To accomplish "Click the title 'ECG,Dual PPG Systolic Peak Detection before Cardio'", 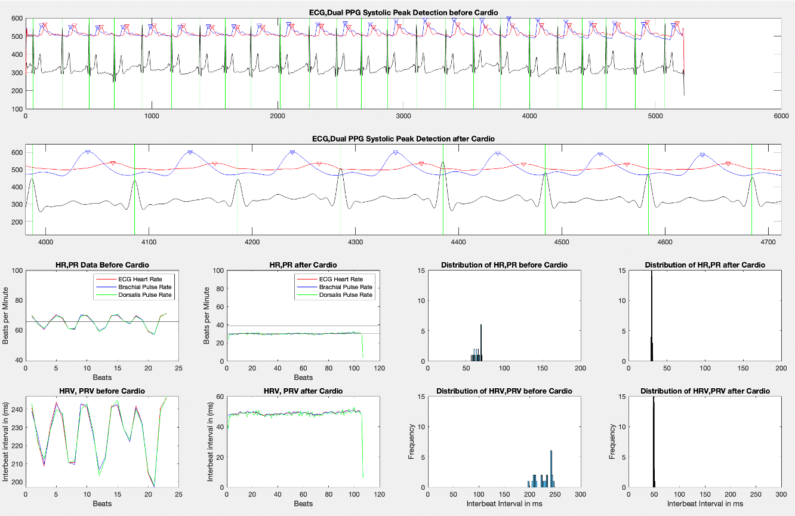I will pyautogui.click(x=403, y=12).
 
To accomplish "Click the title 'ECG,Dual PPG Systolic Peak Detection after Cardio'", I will pyautogui.click(x=403, y=139).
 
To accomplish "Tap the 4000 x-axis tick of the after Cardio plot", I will pyautogui.click(x=46, y=242).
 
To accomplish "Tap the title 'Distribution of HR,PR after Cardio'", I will pyautogui.click(x=705, y=265).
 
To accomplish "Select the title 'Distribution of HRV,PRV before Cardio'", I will pyautogui.click(x=504, y=391).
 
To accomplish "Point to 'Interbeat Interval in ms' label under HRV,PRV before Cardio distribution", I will pyautogui.click(x=504, y=503).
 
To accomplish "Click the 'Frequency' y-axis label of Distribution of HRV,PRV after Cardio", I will pyautogui.click(x=612, y=441).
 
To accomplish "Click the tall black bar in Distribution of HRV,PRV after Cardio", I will pyautogui.click(x=654, y=442).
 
